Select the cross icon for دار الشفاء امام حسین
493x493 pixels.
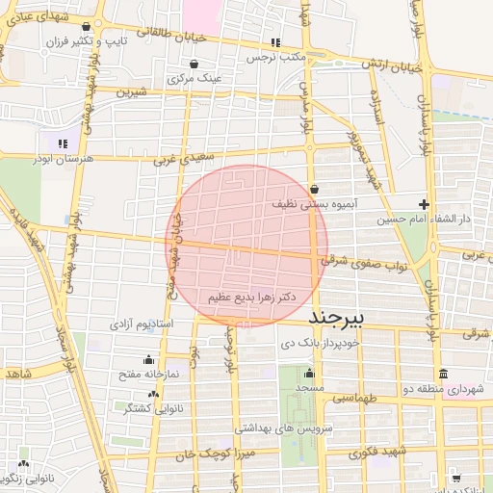(424, 203)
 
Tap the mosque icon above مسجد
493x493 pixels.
(309, 373)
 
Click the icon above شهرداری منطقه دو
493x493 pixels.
(443, 374)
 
